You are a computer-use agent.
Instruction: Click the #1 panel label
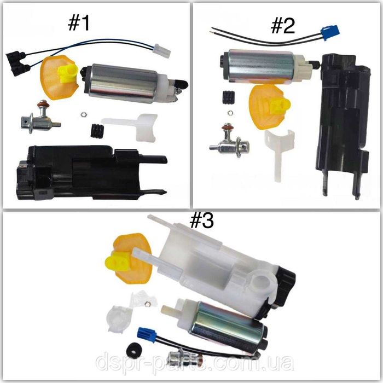pyautogui.click(x=79, y=24)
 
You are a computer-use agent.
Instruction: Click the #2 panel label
pyautogui.click(x=283, y=26)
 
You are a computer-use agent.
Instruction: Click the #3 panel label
pyautogui.click(x=202, y=220)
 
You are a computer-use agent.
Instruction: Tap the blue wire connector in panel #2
pyautogui.click(x=330, y=32)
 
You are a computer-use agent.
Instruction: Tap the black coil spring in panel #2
pyautogui.click(x=229, y=98)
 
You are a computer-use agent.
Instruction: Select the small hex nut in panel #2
pyautogui.click(x=230, y=113)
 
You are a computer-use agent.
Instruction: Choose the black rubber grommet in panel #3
pyautogui.click(x=134, y=350)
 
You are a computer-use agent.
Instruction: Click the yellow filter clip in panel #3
pyautogui.click(x=118, y=263)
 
